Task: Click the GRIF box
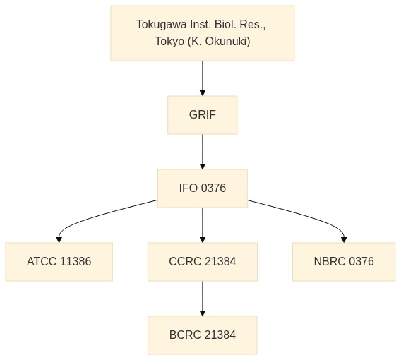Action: coord(203,115)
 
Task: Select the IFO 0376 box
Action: coord(203,188)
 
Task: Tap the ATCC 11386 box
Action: coord(59,262)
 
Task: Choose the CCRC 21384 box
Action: coord(203,262)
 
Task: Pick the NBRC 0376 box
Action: coord(344,262)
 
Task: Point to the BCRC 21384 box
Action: coord(203,335)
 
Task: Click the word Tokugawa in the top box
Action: coord(162,25)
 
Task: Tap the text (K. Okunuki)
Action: coord(219,41)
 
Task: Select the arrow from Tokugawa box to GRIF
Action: coord(203,78)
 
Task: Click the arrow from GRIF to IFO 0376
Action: coord(203,152)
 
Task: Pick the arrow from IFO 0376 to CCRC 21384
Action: coord(203,225)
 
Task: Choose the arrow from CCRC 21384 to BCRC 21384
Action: coord(203,299)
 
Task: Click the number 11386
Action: coord(75,262)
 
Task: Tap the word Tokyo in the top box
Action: coord(169,42)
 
